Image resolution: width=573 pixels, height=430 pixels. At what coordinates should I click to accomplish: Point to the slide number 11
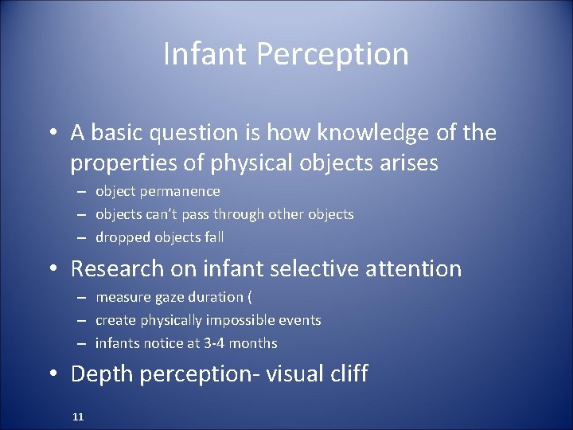point(78,416)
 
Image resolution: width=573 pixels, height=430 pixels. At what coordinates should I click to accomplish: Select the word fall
point(212,236)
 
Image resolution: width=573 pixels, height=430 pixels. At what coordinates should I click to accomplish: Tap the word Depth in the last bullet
point(99,373)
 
